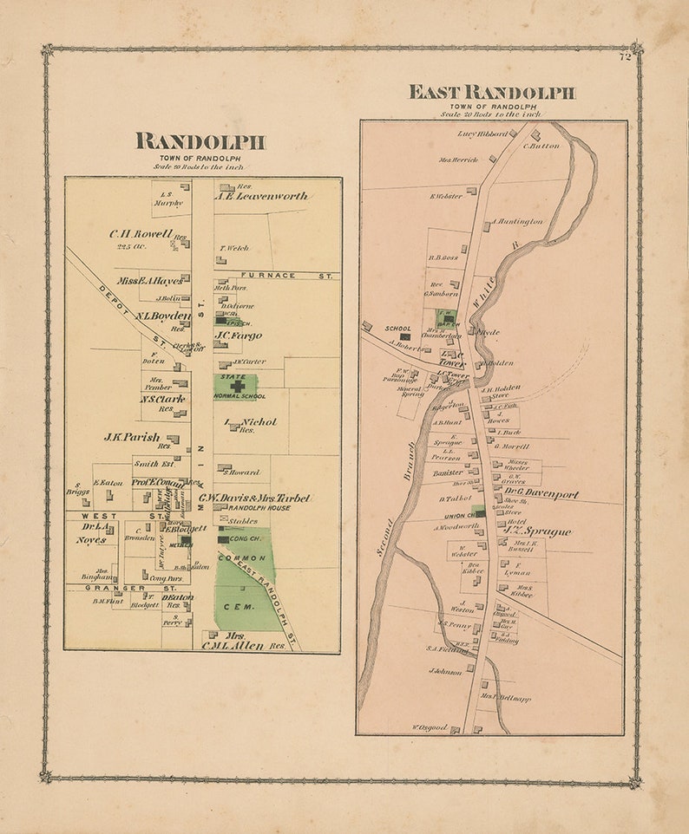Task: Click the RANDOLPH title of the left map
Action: [200, 142]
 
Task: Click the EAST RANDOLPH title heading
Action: [492, 93]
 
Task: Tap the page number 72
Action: [625, 58]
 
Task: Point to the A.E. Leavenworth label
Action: [261, 197]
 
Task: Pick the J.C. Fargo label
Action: [240, 336]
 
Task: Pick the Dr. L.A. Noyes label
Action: [95, 533]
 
